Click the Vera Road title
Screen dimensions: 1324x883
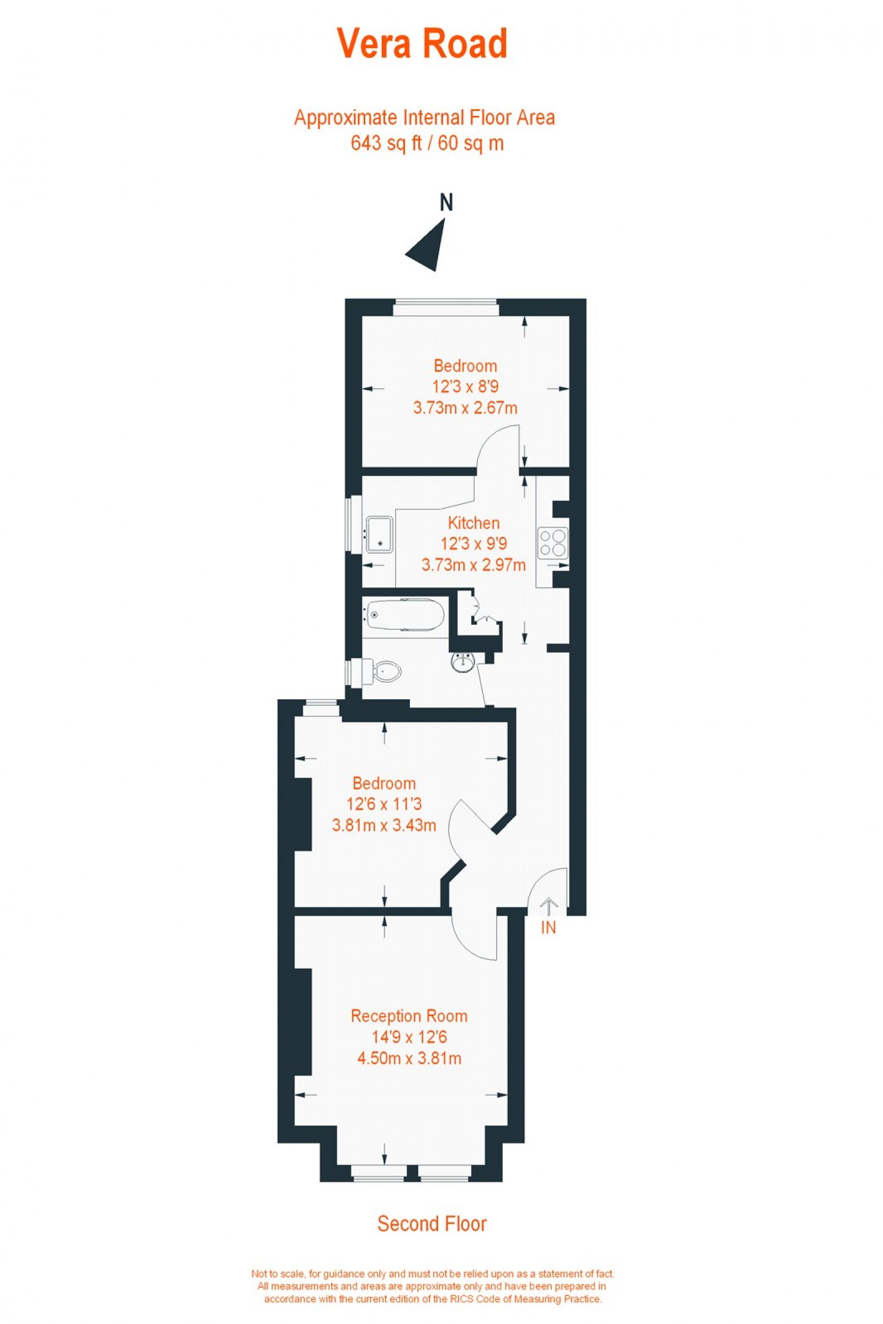pyautogui.click(x=422, y=45)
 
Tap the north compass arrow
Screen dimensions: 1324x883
pyautogui.click(x=429, y=245)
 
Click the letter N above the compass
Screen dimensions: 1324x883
pyautogui.click(x=446, y=202)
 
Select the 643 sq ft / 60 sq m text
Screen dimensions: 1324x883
pyautogui.click(x=427, y=143)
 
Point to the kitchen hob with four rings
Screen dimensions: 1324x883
pyautogui.click(x=552, y=542)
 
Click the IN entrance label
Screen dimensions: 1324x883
pyautogui.click(x=548, y=928)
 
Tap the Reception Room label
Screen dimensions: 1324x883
pyautogui.click(x=409, y=1016)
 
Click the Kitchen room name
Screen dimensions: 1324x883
pyautogui.click(x=474, y=523)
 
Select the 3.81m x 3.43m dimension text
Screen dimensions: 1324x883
pyautogui.click(x=384, y=826)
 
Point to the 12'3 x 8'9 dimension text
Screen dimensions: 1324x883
pyautogui.click(x=465, y=387)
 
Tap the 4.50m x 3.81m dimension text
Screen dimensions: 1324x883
pyautogui.click(x=409, y=1058)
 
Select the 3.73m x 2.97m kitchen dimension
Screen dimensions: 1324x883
pyautogui.click(x=474, y=564)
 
